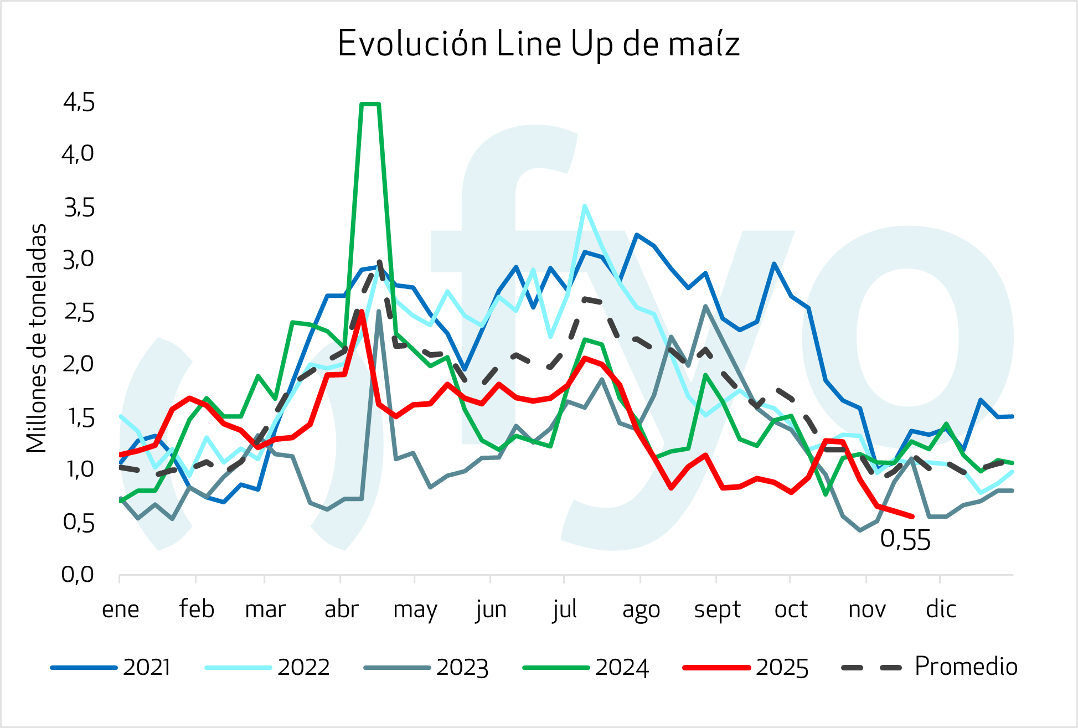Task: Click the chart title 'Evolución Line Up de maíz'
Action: [x=538, y=44]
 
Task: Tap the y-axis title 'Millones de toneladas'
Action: [x=37, y=338]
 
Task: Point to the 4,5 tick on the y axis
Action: [x=79, y=103]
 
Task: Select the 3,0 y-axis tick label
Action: [x=79, y=259]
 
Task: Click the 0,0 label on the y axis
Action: [x=78, y=575]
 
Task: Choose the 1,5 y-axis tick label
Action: [x=79, y=417]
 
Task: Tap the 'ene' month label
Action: [x=120, y=610]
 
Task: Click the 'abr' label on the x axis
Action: [x=341, y=610]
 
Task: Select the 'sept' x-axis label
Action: [x=717, y=610]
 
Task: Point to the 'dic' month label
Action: [x=941, y=610]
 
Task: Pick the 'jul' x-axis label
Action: [x=564, y=610]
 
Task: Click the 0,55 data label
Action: [x=905, y=540]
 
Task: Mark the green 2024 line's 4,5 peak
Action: [x=370, y=104]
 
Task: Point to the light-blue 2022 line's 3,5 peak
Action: [x=584, y=206]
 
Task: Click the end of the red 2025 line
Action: [x=912, y=517]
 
